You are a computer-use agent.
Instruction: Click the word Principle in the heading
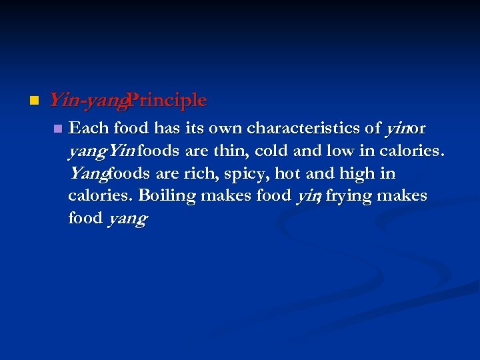click(x=168, y=101)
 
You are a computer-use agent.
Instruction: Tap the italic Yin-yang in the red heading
click(x=87, y=101)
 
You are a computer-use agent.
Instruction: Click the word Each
click(x=89, y=127)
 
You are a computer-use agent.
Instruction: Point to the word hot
click(x=291, y=173)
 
